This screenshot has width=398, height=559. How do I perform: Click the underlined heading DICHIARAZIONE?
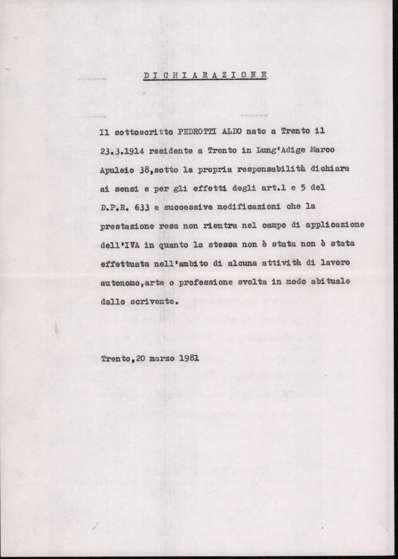[205, 75]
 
